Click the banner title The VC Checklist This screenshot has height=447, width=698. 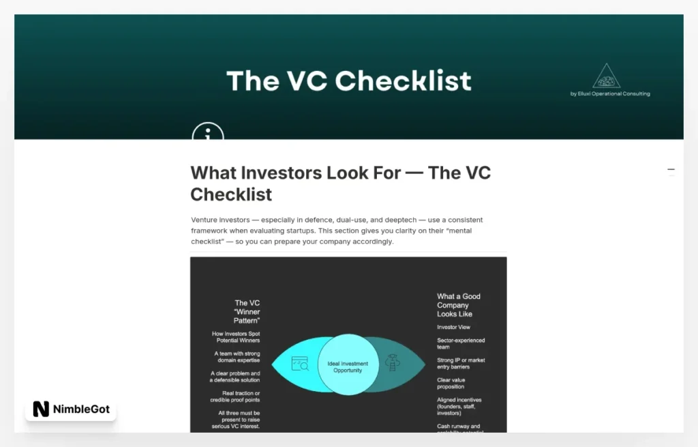(349, 81)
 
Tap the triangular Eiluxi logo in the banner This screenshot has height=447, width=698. (607, 76)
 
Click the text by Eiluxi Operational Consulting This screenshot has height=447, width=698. (610, 94)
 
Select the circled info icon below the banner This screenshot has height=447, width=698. (208, 132)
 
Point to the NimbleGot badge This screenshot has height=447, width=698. (71, 409)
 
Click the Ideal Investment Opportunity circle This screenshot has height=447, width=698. (348, 365)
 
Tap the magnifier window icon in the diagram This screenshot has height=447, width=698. (300, 364)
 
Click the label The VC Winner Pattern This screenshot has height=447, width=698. (247, 312)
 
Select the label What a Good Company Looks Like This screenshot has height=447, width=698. (459, 305)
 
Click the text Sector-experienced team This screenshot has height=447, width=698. (461, 343)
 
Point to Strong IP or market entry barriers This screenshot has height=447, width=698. (461, 363)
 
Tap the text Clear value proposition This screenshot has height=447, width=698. (451, 383)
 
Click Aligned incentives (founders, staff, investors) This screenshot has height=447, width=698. (459, 406)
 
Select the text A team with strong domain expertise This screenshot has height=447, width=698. (237, 357)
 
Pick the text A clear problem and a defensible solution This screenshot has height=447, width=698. (235, 377)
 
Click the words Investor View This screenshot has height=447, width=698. (453, 327)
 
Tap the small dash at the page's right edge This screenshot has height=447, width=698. (671, 169)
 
